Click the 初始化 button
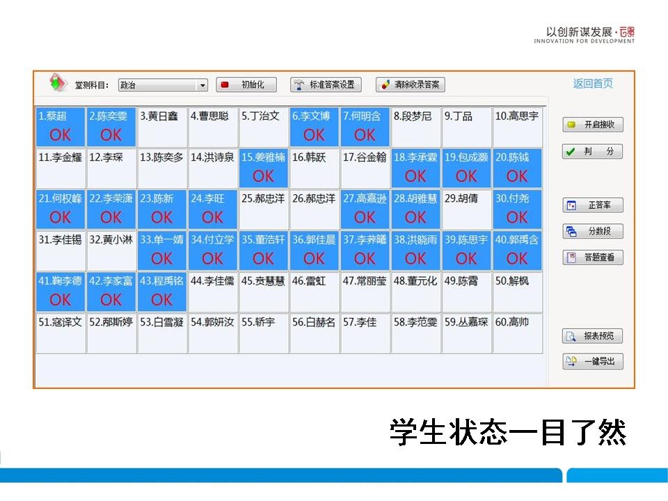click(246, 84)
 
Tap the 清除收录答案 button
click(411, 84)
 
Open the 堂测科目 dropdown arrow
click(202, 85)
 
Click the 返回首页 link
click(593, 83)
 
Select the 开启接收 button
click(593, 125)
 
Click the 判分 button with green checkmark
click(593, 151)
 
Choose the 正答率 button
click(593, 205)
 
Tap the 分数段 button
click(593, 231)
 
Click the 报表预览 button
click(593, 335)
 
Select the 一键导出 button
click(593, 361)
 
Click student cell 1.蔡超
click(61, 127)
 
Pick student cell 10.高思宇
click(517, 127)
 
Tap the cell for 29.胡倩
click(466, 209)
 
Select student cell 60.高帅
click(517, 333)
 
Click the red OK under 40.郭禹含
click(517, 259)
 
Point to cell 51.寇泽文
click(61, 333)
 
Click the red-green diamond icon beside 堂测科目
click(58, 82)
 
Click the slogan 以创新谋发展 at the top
click(579, 32)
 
